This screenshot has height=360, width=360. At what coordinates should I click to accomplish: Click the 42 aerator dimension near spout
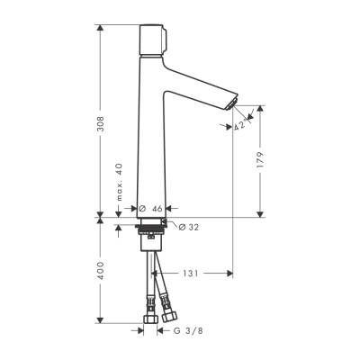coord(238,127)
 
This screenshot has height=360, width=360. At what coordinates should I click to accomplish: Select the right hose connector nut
coord(170,317)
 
